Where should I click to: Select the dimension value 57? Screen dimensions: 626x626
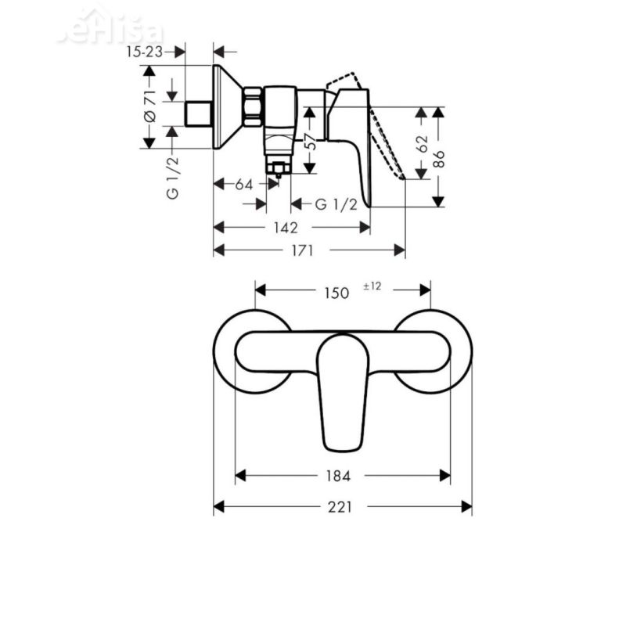click(x=310, y=142)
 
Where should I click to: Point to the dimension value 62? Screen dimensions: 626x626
click(x=423, y=143)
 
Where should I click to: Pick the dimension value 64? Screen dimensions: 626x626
click(x=244, y=185)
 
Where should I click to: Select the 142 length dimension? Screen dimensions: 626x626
click(x=286, y=228)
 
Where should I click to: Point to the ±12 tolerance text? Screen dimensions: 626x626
click(x=372, y=287)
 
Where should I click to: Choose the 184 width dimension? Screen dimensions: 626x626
click(x=339, y=476)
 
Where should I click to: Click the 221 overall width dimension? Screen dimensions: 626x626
click(x=340, y=507)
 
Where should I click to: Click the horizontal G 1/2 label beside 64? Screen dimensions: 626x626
click(x=336, y=205)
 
